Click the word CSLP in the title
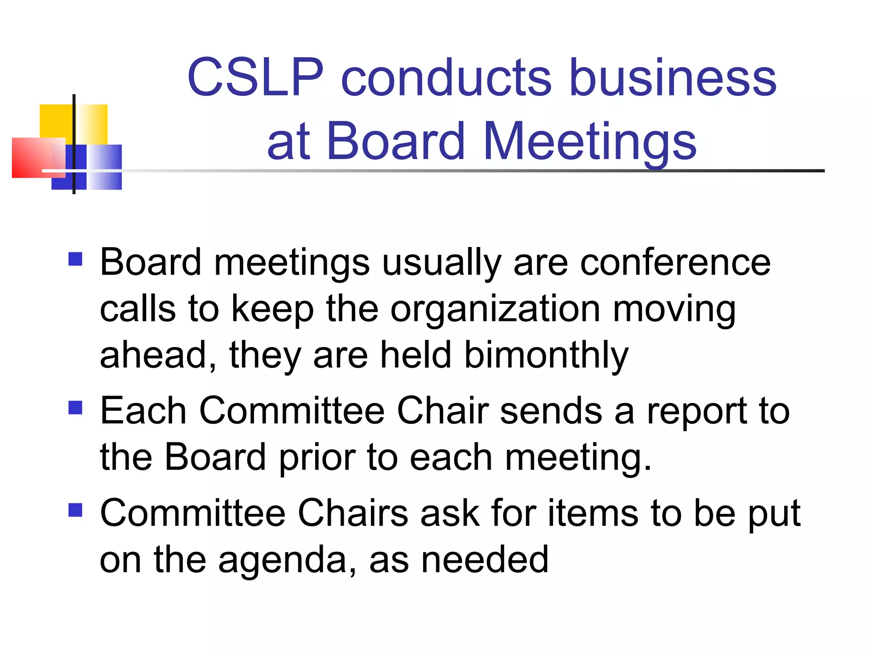point(255,77)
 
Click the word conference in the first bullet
point(675,262)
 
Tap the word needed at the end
point(485,559)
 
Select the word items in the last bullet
point(593,513)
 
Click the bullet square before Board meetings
point(75,259)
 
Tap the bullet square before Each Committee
point(75,408)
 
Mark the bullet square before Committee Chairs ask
point(75,510)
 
